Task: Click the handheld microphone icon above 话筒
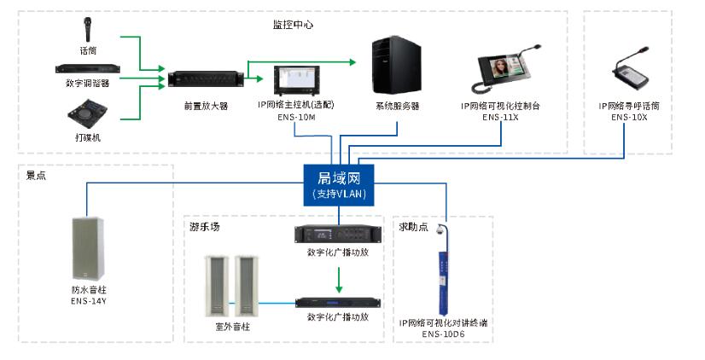pyautogui.click(x=87, y=30)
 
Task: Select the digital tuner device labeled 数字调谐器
pyautogui.click(x=88, y=69)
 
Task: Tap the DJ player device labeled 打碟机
pyautogui.click(x=87, y=113)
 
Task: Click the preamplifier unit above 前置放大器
pyautogui.click(x=206, y=79)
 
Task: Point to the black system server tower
pyautogui.click(x=397, y=66)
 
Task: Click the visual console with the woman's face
pyautogui.click(x=505, y=70)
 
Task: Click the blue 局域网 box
pyautogui.click(x=339, y=185)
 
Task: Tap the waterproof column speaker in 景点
pyautogui.click(x=88, y=249)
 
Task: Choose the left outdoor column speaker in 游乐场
pyautogui.click(x=217, y=286)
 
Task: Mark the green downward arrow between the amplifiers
pyautogui.click(x=339, y=280)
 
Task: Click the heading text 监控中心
pyautogui.click(x=293, y=25)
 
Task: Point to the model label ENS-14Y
pyautogui.click(x=89, y=301)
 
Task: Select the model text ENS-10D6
pyautogui.click(x=443, y=334)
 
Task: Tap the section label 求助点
pyautogui.click(x=414, y=227)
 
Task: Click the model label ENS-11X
pyautogui.click(x=500, y=118)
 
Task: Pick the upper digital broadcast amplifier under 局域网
pyautogui.click(x=338, y=234)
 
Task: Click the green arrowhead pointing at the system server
pyautogui.click(x=352, y=62)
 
